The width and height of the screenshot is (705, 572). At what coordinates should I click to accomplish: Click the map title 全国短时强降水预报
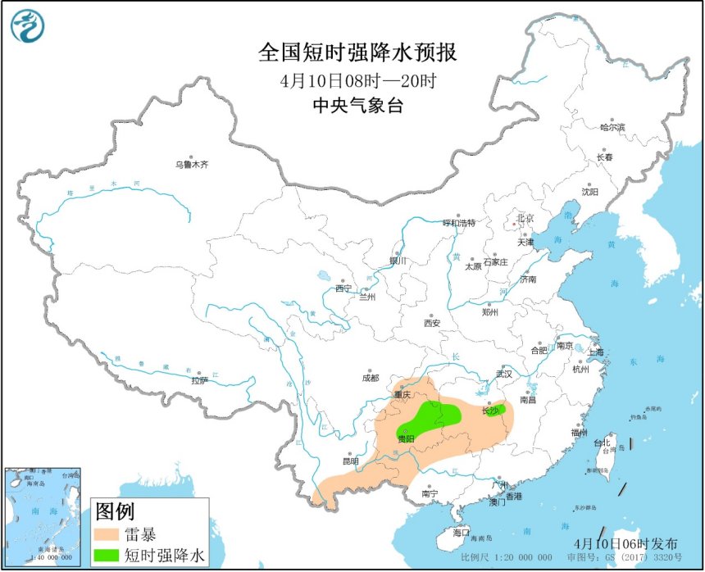[357, 53]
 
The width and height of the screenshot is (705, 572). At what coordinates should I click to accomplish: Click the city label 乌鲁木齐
[192, 165]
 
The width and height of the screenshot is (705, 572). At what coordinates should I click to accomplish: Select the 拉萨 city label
[200, 380]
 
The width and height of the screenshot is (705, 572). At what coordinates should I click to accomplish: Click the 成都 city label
[370, 378]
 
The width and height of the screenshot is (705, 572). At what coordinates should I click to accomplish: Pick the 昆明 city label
[351, 461]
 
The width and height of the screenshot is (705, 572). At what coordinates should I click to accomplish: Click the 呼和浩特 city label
[458, 223]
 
